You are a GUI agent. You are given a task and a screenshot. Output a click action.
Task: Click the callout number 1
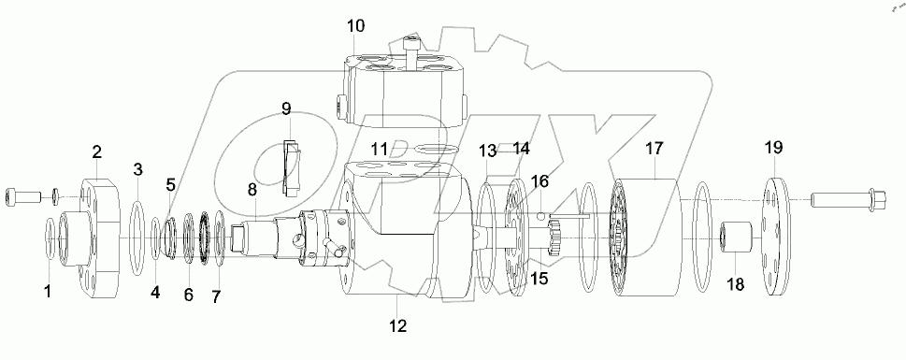(47, 291)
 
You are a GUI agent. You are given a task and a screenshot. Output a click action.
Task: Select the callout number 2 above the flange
(97, 151)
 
